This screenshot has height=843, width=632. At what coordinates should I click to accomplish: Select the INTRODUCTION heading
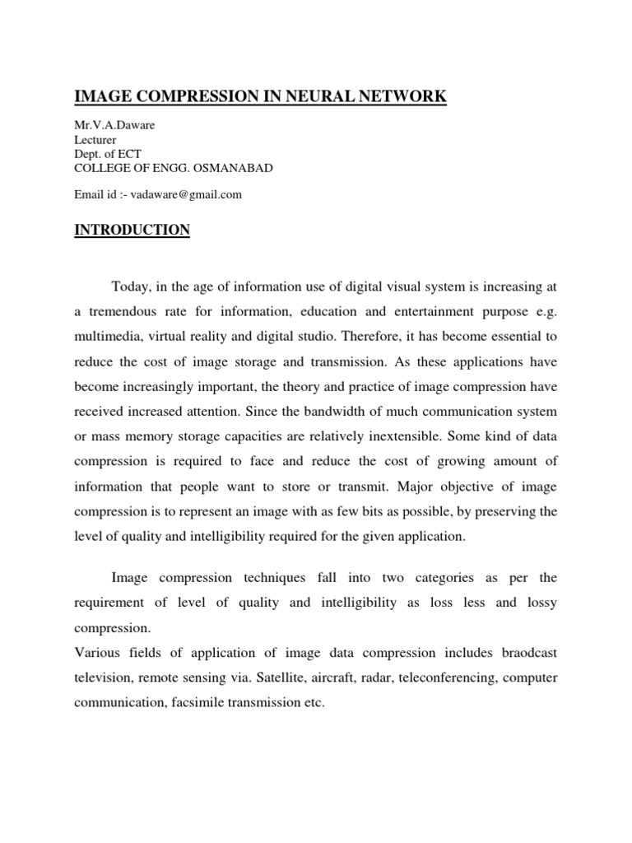132,230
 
